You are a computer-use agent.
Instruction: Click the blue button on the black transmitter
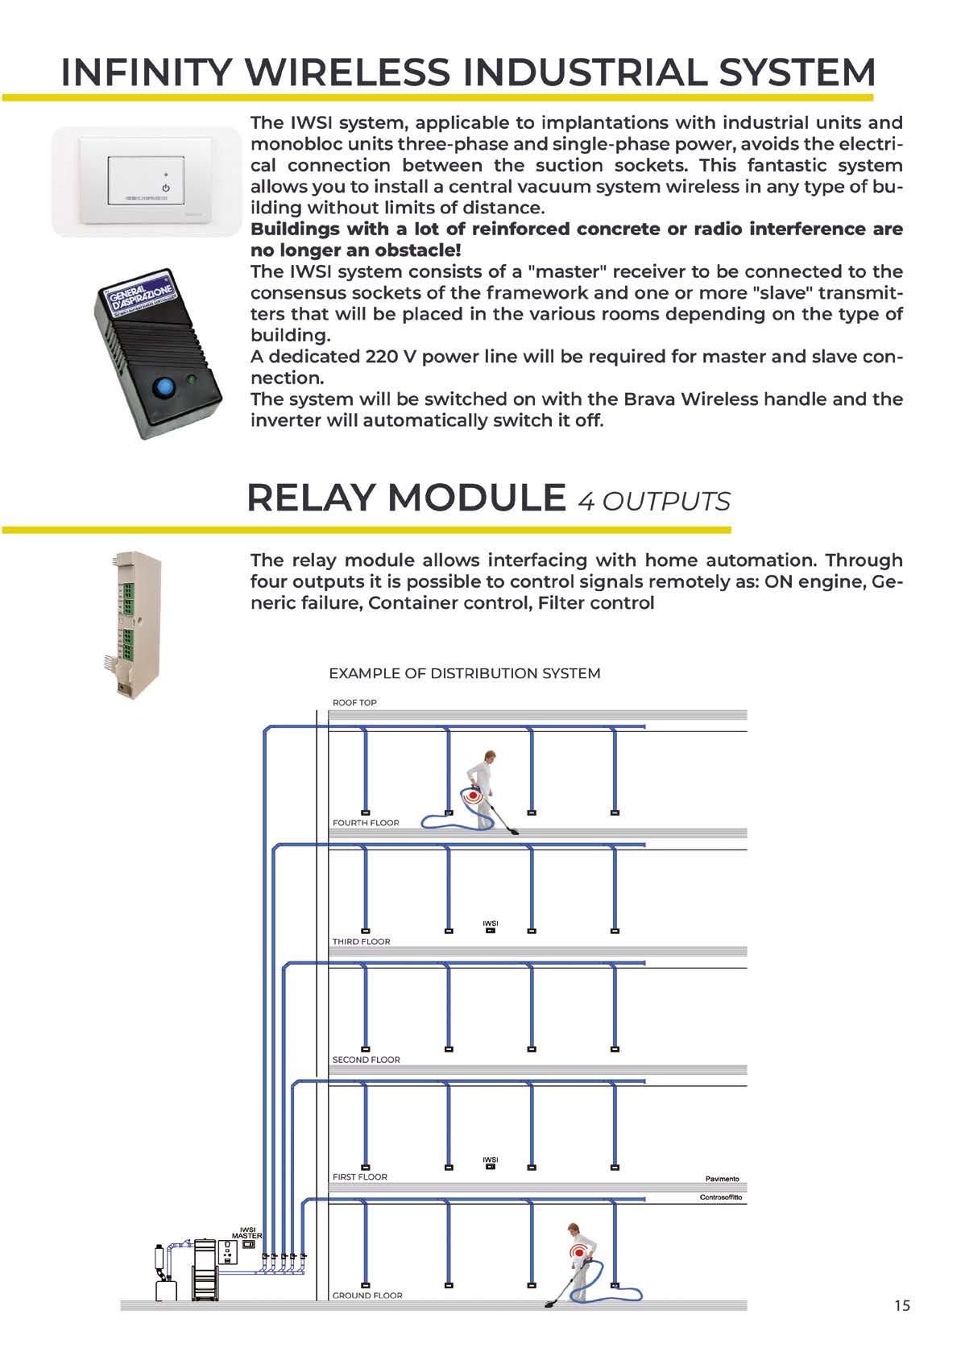click(164, 388)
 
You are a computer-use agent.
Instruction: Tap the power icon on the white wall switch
click(166, 187)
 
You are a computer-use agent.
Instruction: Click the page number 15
click(901, 1305)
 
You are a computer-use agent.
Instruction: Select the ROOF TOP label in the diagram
click(354, 703)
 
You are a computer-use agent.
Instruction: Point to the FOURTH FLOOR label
click(366, 823)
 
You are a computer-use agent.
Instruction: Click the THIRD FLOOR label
click(361, 941)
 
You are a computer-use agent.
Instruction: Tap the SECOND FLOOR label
click(366, 1060)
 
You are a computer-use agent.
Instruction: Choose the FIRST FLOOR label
click(359, 1177)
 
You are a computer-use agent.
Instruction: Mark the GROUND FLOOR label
click(367, 1296)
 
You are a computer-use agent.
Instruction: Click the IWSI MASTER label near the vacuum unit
click(246, 1233)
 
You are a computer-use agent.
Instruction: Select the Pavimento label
click(722, 1179)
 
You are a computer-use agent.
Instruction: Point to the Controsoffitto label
click(722, 1198)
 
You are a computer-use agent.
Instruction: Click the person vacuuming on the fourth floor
click(486, 791)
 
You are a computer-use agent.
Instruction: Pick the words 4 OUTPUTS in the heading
click(654, 501)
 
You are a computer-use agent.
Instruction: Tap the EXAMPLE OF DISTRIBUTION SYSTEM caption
click(465, 673)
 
